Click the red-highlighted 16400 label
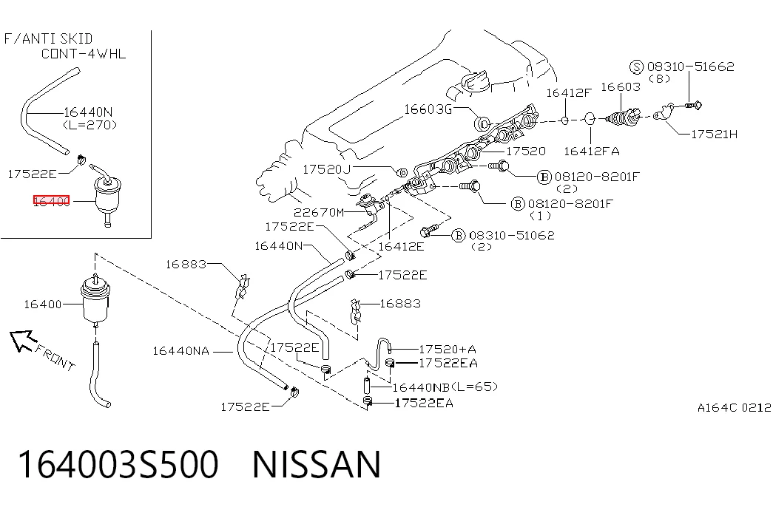click(x=52, y=200)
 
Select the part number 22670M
click(x=319, y=212)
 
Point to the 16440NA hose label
click(x=181, y=351)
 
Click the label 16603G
click(x=428, y=109)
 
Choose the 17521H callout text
click(x=714, y=134)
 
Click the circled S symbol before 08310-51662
click(x=636, y=67)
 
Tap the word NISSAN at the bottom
click(x=317, y=464)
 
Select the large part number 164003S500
click(x=118, y=464)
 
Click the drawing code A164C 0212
click(x=734, y=407)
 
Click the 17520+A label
click(x=448, y=350)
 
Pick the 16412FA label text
click(x=592, y=152)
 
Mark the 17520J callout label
click(x=326, y=169)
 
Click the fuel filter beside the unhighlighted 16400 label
click(x=96, y=301)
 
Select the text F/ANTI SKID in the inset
click(x=48, y=39)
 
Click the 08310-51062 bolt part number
click(x=512, y=236)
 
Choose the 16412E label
click(x=401, y=246)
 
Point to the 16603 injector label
click(x=621, y=87)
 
